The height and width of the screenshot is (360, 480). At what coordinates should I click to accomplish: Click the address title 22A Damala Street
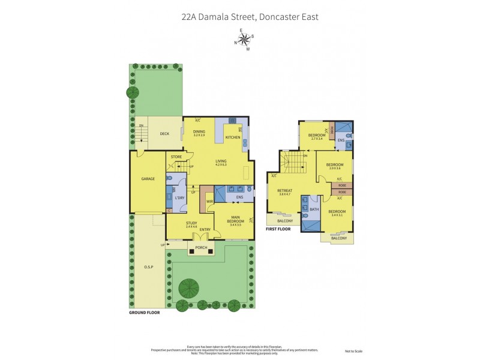tap(250, 17)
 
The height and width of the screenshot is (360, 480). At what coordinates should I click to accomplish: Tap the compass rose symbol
tap(244, 40)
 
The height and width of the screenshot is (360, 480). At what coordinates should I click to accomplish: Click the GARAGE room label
tap(148, 179)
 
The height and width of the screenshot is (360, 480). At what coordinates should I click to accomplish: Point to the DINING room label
tap(199, 133)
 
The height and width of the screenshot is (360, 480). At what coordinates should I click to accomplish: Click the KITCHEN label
tap(233, 137)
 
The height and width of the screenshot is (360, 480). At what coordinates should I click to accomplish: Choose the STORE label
tap(176, 157)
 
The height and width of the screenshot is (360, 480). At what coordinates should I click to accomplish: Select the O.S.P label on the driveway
tap(149, 266)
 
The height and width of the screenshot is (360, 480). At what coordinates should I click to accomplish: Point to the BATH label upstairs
tap(314, 209)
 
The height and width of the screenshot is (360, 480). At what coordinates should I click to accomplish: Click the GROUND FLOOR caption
tap(145, 313)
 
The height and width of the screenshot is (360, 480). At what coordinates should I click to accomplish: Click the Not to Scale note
tap(353, 350)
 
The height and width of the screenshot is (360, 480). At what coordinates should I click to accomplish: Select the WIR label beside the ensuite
tap(209, 202)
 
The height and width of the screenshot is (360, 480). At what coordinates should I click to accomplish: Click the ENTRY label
tap(205, 229)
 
